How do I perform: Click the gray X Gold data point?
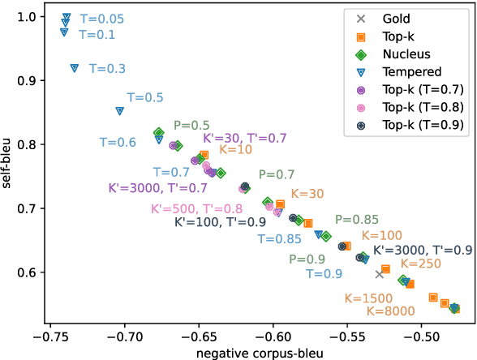pyautogui.click(x=379, y=274)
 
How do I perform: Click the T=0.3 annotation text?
pyautogui.click(x=107, y=69)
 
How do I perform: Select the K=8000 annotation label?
pyautogui.click(x=391, y=311)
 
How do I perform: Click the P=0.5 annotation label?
pyautogui.click(x=191, y=125)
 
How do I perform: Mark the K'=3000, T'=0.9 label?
pyautogui.click(x=423, y=250)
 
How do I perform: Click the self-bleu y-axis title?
pyautogui.click(x=9, y=169)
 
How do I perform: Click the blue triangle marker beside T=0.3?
pyautogui.click(x=75, y=68)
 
